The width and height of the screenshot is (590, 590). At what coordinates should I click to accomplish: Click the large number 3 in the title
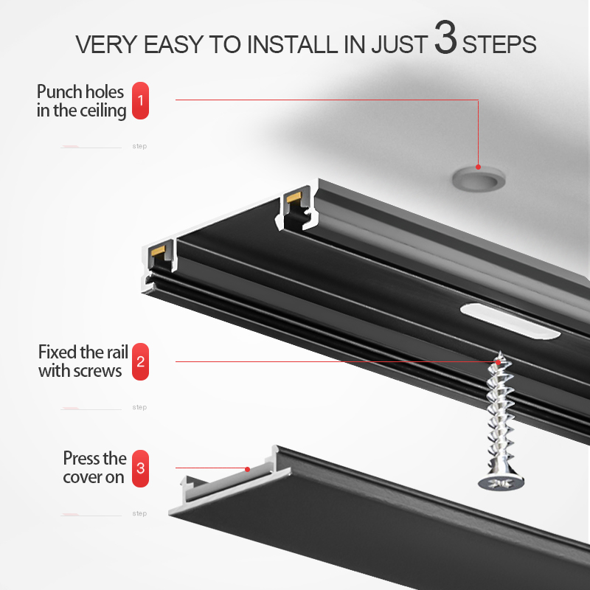click(x=446, y=37)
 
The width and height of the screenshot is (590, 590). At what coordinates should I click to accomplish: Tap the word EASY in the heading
click(x=173, y=44)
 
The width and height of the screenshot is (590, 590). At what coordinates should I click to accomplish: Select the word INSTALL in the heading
click(x=292, y=44)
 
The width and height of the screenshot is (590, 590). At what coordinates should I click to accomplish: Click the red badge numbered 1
click(x=140, y=100)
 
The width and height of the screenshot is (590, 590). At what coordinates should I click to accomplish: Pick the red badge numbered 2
click(x=140, y=361)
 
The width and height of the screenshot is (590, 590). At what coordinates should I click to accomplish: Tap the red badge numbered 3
click(x=140, y=468)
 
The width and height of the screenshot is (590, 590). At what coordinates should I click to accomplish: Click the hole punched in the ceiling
click(x=479, y=180)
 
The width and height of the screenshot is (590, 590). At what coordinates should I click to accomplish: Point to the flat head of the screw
click(x=502, y=483)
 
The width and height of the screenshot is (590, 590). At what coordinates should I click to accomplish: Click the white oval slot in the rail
click(x=510, y=322)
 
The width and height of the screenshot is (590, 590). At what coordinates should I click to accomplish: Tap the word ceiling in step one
click(x=103, y=111)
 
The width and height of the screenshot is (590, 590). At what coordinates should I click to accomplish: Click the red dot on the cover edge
click(x=247, y=469)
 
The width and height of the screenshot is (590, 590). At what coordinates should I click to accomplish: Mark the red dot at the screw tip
click(x=499, y=362)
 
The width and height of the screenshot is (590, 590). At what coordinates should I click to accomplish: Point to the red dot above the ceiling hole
click(x=478, y=167)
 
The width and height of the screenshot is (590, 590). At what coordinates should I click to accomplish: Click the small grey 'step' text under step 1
click(x=139, y=146)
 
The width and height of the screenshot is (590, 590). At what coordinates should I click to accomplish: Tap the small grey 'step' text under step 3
click(x=139, y=513)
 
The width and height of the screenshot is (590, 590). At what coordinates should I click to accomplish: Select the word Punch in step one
click(x=59, y=91)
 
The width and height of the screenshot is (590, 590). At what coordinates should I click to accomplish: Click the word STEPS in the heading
click(x=499, y=44)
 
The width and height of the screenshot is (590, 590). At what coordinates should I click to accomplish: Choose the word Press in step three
click(x=82, y=458)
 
